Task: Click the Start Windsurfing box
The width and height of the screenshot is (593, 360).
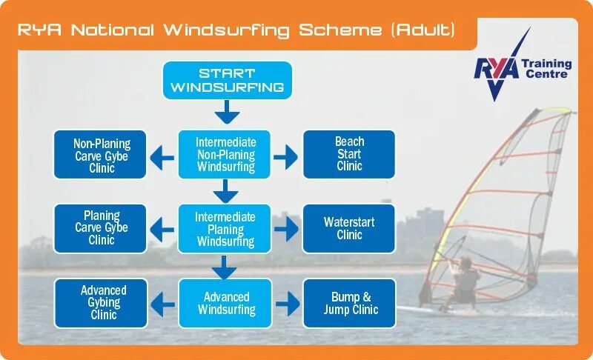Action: (x=227, y=80)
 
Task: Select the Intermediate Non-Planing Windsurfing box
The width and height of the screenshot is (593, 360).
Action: (x=225, y=154)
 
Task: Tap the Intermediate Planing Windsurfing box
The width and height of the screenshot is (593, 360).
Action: (x=225, y=229)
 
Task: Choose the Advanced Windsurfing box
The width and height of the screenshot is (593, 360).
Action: (x=225, y=303)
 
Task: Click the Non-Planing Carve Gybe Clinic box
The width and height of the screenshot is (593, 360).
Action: (x=101, y=155)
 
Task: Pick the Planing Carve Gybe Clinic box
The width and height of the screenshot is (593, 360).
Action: (x=101, y=228)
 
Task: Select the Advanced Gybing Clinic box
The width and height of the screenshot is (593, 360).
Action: (x=101, y=302)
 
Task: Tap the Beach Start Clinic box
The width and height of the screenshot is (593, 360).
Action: (x=349, y=154)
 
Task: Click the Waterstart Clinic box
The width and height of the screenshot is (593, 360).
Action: (x=349, y=228)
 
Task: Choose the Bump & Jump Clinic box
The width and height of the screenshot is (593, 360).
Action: (x=349, y=302)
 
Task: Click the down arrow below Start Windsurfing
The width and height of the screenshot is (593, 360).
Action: (x=227, y=113)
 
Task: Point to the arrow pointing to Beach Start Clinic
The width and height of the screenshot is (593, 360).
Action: (x=285, y=156)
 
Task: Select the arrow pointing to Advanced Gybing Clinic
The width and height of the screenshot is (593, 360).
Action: (x=162, y=304)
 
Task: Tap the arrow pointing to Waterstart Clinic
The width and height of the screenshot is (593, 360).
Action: (x=285, y=229)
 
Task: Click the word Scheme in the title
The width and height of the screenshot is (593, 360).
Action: (x=339, y=30)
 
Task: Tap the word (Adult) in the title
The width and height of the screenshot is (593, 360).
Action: (x=423, y=30)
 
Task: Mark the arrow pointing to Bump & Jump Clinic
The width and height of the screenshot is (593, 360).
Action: (x=285, y=304)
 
